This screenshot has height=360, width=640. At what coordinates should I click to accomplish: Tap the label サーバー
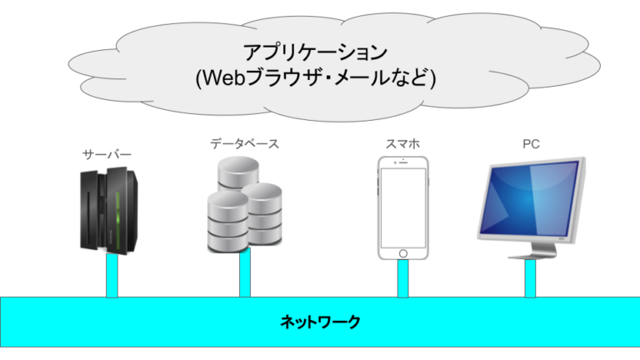pyautogui.click(x=107, y=154)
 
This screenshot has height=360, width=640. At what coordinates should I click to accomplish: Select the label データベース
pyautogui.click(x=244, y=143)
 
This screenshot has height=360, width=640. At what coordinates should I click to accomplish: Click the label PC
pyautogui.click(x=531, y=143)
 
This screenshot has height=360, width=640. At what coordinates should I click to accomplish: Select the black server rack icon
pyautogui.click(x=107, y=208)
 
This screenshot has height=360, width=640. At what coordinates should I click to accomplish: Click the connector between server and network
pyautogui.click(x=112, y=276)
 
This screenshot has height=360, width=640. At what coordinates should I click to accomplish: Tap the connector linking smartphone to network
pyautogui.click(x=402, y=278)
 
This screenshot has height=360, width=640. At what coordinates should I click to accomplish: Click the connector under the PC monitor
pyautogui.click(x=530, y=278)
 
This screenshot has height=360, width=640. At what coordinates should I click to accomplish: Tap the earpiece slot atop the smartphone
pyautogui.click(x=402, y=161)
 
